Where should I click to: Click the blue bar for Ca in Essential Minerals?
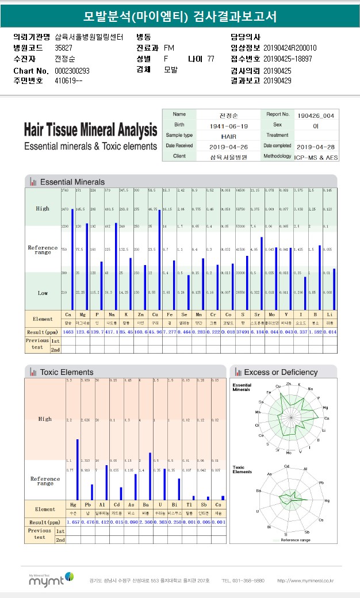[x=72, y=259]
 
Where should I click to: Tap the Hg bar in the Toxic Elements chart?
[x=77, y=469]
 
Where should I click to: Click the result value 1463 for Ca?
[x=68, y=332]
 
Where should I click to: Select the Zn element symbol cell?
[x=140, y=316]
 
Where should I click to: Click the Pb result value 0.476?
[x=88, y=522]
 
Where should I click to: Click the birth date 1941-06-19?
[x=229, y=125]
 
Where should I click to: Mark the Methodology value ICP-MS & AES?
[x=316, y=156]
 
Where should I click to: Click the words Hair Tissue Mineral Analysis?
[x=90, y=129]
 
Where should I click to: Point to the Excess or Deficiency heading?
[x=280, y=372]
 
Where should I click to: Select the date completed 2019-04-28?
[x=316, y=146]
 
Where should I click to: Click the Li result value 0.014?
[x=330, y=332]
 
